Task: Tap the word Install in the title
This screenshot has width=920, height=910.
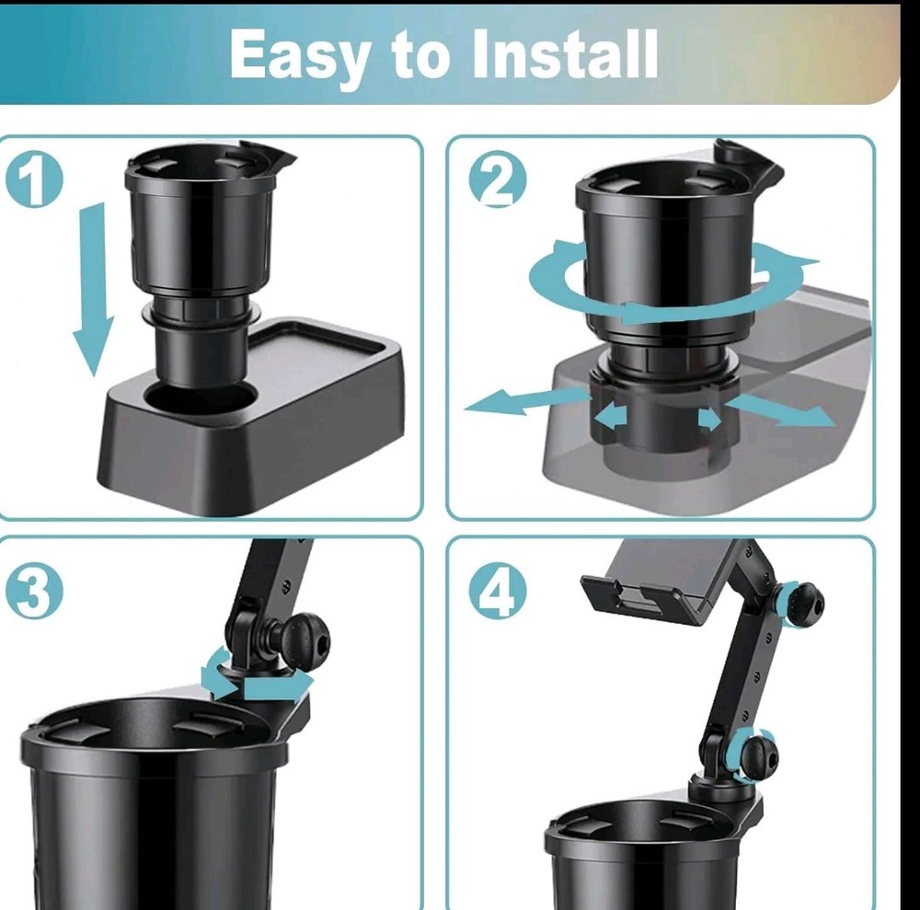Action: (x=565, y=52)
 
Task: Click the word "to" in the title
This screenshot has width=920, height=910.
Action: (x=420, y=56)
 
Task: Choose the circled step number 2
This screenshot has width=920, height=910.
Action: (x=498, y=179)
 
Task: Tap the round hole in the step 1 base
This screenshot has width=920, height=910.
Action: (x=200, y=399)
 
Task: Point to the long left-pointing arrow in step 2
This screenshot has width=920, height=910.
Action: (x=524, y=401)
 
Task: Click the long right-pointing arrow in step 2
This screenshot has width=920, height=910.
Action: (x=780, y=409)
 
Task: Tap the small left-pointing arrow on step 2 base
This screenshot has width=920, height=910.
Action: (x=611, y=416)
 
